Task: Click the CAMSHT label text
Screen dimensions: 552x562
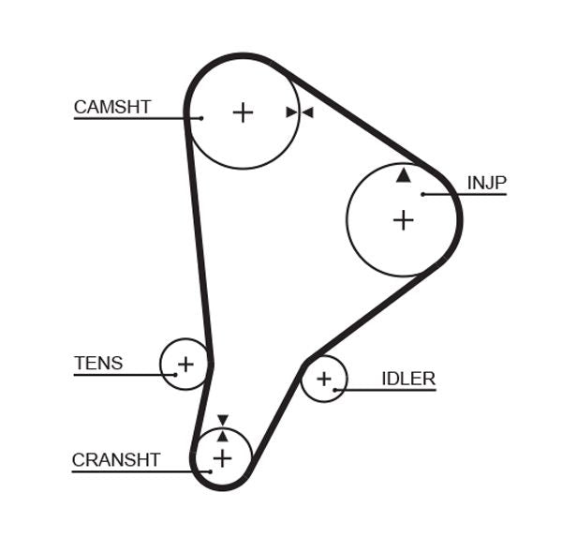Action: (111, 107)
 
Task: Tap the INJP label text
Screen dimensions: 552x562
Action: (486, 182)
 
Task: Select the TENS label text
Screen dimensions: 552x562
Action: (98, 363)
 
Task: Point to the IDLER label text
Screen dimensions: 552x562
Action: (407, 379)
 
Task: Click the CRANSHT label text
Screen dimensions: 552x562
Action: (116, 459)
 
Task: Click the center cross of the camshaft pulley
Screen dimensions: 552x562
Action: (243, 112)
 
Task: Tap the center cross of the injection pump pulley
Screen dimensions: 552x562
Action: (403, 220)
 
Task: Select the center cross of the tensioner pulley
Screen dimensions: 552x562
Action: (185, 364)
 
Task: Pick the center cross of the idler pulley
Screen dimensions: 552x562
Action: (324, 379)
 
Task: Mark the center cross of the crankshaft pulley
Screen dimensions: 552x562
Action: (222, 457)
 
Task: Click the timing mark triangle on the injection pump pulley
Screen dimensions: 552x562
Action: (403, 174)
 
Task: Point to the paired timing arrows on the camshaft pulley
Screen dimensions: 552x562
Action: (299, 112)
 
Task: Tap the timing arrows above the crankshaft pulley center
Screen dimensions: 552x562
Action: (222, 427)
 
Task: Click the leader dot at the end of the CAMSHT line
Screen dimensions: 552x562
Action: (200, 118)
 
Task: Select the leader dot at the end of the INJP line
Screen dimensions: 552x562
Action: (423, 194)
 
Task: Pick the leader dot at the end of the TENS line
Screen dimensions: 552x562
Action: (174, 375)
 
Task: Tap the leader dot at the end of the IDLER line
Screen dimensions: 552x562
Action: (334, 390)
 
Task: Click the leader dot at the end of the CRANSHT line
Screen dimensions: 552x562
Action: (211, 470)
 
